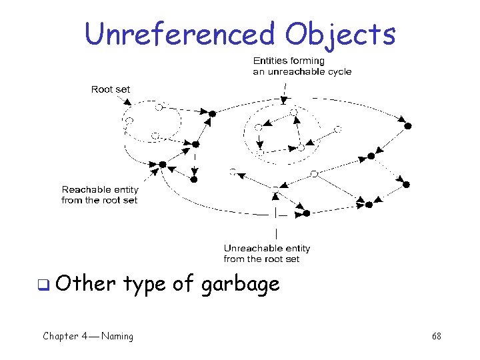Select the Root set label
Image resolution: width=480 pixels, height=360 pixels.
click(x=111, y=89)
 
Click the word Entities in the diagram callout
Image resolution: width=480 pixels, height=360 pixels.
click(x=271, y=61)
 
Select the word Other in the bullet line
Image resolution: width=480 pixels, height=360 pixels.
click(x=87, y=284)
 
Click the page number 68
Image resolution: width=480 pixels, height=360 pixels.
click(x=436, y=336)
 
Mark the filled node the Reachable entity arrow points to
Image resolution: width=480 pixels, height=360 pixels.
click(x=162, y=164)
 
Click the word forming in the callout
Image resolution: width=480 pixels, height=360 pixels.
click(x=307, y=61)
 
